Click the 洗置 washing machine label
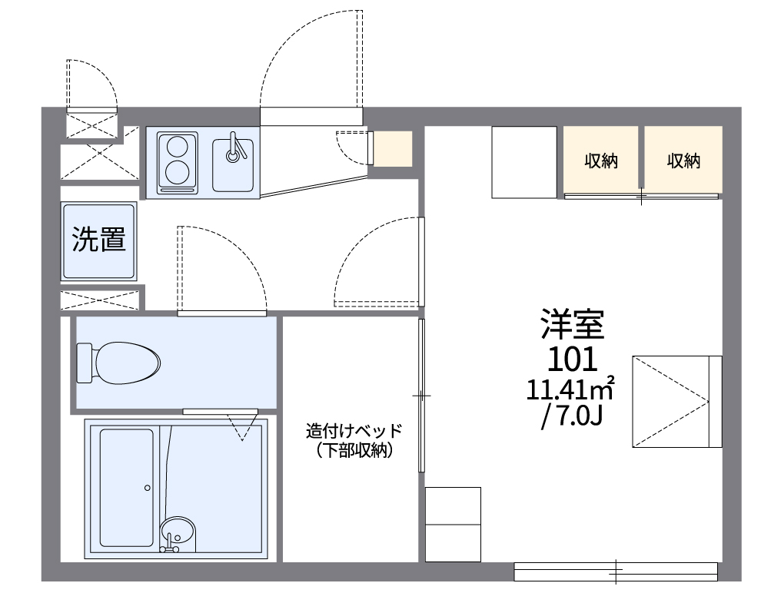click(x=99, y=240)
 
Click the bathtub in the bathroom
click(x=126, y=487)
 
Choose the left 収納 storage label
click(x=601, y=161)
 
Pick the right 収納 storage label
click(x=683, y=161)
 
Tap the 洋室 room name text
click(x=572, y=324)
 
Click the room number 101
click(x=571, y=358)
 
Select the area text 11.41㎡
click(x=570, y=389)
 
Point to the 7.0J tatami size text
click(x=570, y=419)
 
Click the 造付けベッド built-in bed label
click(x=354, y=430)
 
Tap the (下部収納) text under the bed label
click(x=354, y=452)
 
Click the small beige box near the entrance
click(x=393, y=148)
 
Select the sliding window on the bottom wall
click(x=616, y=571)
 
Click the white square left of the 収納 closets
click(x=523, y=161)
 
